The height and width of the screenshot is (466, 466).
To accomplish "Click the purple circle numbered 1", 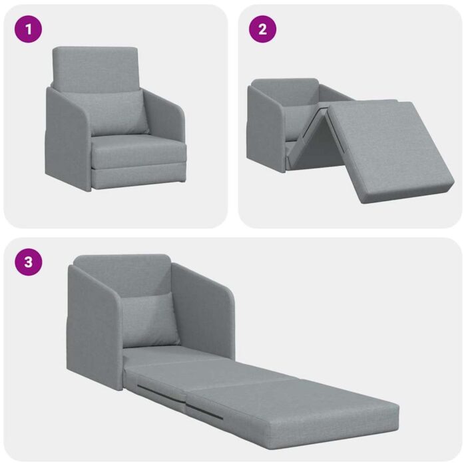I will [28, 29].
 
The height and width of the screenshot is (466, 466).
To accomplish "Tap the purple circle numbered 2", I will [262, 29].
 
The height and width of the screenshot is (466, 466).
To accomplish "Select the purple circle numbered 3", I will [28, 262].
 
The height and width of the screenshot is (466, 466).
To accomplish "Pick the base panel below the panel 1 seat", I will [136, 177].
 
